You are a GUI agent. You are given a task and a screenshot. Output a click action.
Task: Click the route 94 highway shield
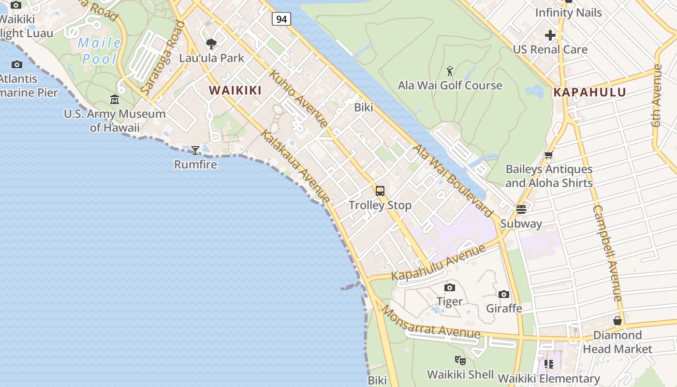[x=281, y=19]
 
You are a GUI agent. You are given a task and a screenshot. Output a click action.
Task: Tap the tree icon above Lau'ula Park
[x=211, y=44]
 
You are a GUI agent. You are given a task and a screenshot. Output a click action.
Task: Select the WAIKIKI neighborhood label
[x=235, y=90]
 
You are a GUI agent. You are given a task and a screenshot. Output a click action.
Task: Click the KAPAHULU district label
[x=589, y=92]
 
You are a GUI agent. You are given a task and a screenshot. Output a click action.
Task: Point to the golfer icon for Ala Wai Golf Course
[x=450, y=72]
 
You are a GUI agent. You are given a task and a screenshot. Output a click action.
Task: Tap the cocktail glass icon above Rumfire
[x=195, y=150]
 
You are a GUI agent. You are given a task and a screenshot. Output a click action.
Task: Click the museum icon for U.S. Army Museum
[x=115, y=100]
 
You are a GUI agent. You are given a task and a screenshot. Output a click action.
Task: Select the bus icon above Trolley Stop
[x=380, y=191]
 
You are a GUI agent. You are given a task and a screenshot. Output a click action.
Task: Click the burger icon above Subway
[x=521, y=209]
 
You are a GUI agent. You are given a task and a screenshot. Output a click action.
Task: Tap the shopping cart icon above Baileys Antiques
[x=548, y=155]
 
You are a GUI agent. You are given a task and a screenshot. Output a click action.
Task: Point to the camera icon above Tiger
[x=450, y=288]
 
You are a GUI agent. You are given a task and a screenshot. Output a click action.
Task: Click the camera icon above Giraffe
[x=504, y=294]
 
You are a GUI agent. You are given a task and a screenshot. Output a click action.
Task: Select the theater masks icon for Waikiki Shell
[x=460, y=360]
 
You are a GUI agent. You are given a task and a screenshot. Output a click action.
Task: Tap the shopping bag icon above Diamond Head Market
[x=618, y=321]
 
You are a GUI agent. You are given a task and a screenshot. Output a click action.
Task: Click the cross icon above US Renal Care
[x=550, y=35]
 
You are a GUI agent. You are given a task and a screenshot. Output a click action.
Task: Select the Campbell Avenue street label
[x=607, y=253]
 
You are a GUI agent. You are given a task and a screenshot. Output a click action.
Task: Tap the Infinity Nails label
[x=568, y=13]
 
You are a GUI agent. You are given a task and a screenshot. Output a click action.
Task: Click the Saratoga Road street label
[x=163, y=59]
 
